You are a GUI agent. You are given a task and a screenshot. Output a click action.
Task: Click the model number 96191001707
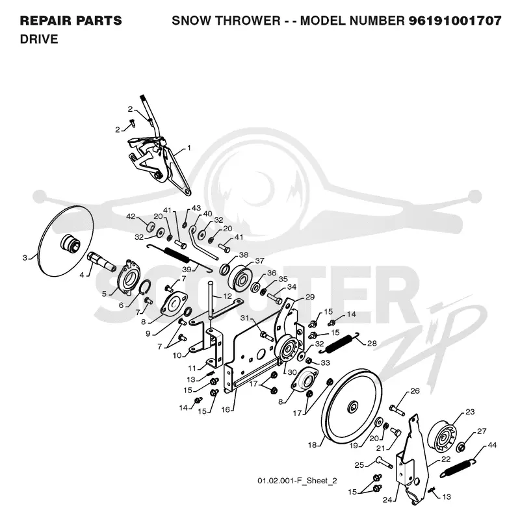click(x=455, y=21)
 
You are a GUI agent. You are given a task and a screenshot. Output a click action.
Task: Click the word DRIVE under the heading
click(x=39, y=39)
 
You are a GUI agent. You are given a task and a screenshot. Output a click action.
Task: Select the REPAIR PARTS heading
click(x=71, y=21)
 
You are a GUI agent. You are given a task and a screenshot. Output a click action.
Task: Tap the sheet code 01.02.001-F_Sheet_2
click(x=297, y=481)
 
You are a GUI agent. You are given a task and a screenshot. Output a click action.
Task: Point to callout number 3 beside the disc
click(x=25, y=257)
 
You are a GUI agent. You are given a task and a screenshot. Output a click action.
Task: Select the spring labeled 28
click(x=339, y=342)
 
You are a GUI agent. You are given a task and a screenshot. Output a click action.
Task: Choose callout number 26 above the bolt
click(x=415, y=390)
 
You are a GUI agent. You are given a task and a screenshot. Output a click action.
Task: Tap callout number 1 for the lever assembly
click(x=189, y=147)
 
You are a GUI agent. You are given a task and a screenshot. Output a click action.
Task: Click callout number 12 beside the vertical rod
click(x=227, y=296)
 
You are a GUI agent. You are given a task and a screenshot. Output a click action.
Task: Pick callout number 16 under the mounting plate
click(x=226, y=409)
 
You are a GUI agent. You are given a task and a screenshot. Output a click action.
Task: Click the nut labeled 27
click(x=461, y=446)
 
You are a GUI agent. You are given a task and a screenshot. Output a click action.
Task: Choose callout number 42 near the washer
click(x=131, y=216)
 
